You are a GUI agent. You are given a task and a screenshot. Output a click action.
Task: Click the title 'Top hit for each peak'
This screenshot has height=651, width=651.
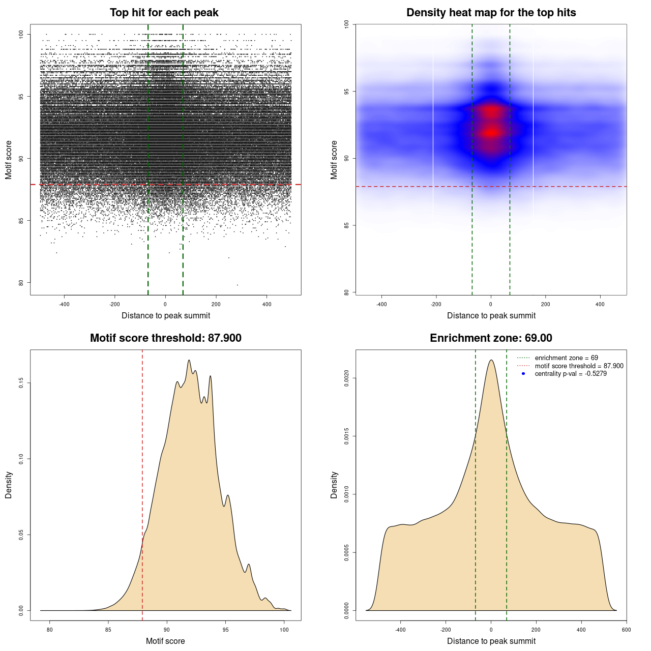click(164, 13)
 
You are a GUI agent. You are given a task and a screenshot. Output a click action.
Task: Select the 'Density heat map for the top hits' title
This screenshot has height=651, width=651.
click(491, 13)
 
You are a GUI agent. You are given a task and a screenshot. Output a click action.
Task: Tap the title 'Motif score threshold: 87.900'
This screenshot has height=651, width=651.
click(165, 338)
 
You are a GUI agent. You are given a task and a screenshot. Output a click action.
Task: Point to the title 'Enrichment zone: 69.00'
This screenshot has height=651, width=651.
click(491, 338)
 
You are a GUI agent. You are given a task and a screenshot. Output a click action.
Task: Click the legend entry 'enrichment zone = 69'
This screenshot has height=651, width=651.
click(566, 358)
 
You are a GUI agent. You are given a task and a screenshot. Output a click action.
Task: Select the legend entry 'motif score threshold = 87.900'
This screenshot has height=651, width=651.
click(579, 366)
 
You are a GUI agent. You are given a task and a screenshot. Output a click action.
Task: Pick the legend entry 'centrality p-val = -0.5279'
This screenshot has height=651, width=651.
click(571, 374)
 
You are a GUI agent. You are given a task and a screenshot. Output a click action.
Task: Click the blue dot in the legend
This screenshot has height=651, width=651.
click(523, 374)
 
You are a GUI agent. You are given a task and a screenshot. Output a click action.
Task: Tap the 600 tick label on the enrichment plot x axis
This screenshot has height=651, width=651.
click(626, 630)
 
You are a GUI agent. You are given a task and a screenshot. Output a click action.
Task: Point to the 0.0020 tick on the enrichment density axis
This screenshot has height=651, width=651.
click(347, 378)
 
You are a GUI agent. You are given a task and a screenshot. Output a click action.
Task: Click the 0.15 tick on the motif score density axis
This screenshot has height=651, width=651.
click(21, 383)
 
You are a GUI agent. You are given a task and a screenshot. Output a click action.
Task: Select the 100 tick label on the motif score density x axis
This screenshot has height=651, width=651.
click(284, 630)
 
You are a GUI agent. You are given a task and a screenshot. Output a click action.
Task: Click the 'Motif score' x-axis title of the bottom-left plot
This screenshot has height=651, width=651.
click(165, 641)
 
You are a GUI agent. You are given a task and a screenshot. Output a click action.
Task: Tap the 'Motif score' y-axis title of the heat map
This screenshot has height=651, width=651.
click(334, 160)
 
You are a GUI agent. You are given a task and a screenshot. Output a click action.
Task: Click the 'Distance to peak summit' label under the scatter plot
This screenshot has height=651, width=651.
click(166, 315)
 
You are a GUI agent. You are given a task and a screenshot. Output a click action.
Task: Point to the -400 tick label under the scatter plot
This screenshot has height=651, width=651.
click(64, 304)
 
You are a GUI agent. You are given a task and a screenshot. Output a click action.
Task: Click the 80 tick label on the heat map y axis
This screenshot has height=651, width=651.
click(347, 292)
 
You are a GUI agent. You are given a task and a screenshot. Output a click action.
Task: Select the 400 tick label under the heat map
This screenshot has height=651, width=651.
click(600, 304)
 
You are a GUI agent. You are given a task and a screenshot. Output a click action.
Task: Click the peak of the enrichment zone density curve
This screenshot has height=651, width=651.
click(491, 360)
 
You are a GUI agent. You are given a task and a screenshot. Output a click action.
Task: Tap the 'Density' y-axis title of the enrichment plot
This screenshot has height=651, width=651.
click(334, 485)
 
